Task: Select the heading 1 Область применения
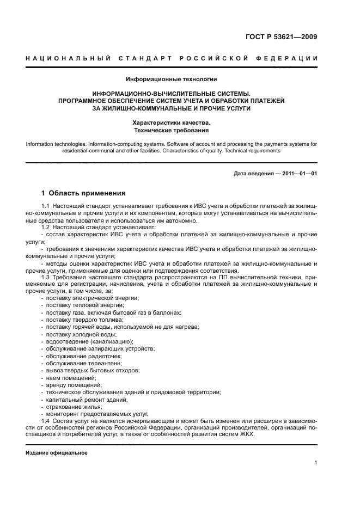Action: tap(84, 193)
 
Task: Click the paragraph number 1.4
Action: tap(45, 421)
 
